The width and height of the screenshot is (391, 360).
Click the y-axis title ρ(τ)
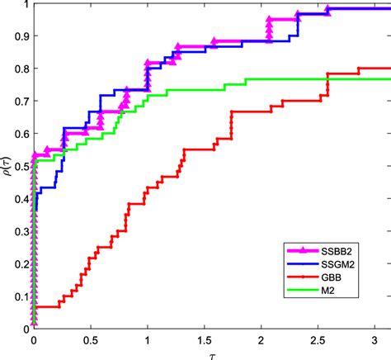tap(8, 164)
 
